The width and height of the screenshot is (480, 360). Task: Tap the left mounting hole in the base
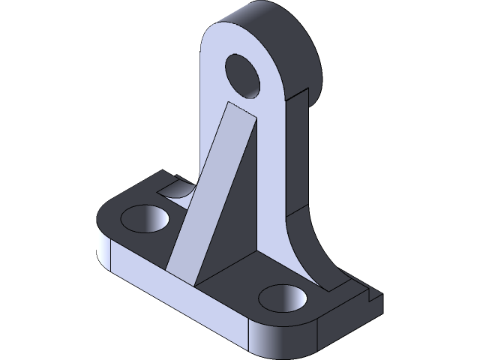[145, 218]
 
